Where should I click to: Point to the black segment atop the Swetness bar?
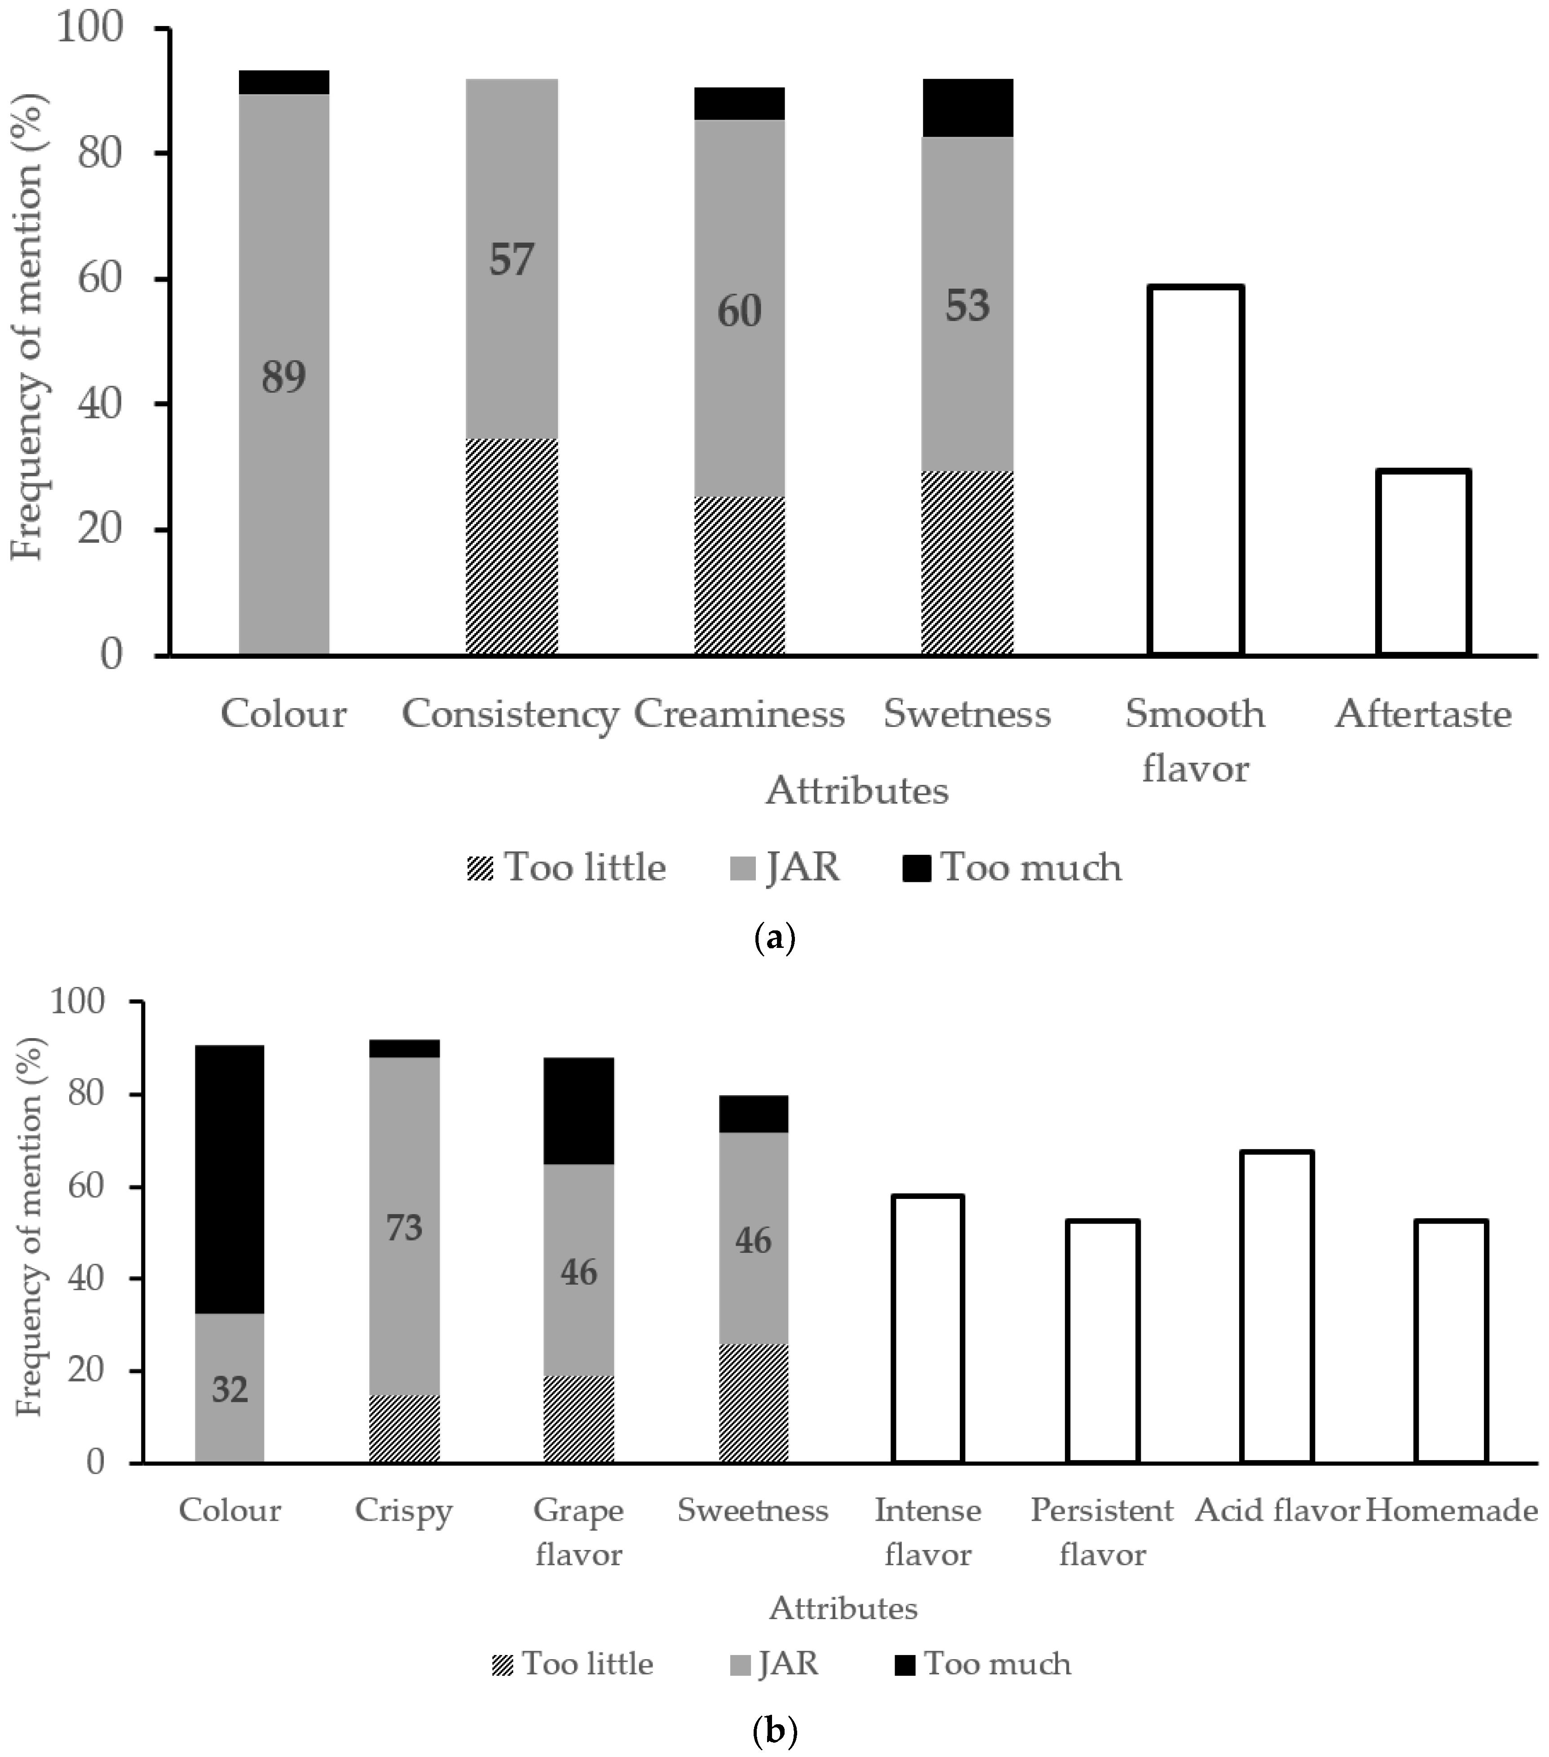pyautogui.click(x=967, y=107)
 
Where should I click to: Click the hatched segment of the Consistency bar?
pyautogui.click(x=512, y=547)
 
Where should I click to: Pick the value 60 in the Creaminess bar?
pyautogui.click(x=739, y=311)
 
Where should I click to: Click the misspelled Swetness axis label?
pyautogui.click(x=967, y=713)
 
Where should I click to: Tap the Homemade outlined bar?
pyautogui.click(x=1451, y=1340)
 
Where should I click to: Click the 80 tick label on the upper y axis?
pyautogui.click(x=102, y=153)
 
